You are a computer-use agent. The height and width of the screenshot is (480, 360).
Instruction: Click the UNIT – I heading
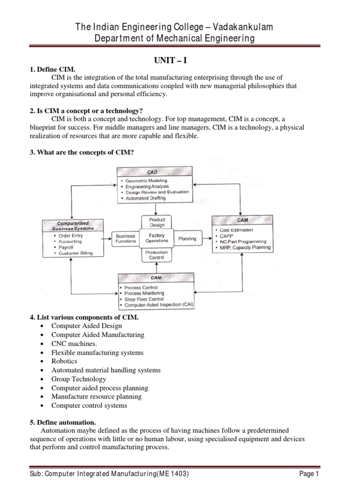click(x=180, y=60)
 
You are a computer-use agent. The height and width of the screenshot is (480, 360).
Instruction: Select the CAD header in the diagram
click(x=153, y=172)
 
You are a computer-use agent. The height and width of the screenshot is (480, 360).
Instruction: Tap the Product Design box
click(x=157, y=222)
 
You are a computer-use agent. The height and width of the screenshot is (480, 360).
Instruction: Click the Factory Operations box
click(x=157, y=238)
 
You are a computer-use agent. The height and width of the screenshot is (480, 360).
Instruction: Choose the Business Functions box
click(x=125, y=239)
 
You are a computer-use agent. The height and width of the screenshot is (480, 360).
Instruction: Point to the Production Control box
click(x=157, y=255)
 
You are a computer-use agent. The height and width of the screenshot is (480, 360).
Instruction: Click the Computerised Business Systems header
click(x=72, y=225)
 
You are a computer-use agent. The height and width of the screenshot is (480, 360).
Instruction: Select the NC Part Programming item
click(x=240, y=242)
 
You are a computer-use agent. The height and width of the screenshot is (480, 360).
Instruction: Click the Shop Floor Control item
click(x=144, y=299)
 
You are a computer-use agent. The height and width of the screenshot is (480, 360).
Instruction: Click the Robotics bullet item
click(x=64, y=361)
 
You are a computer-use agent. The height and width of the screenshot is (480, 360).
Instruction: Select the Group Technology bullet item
click(x=79, y=379)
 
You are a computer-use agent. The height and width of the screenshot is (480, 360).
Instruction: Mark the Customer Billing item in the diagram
click(x=75, y=253)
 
